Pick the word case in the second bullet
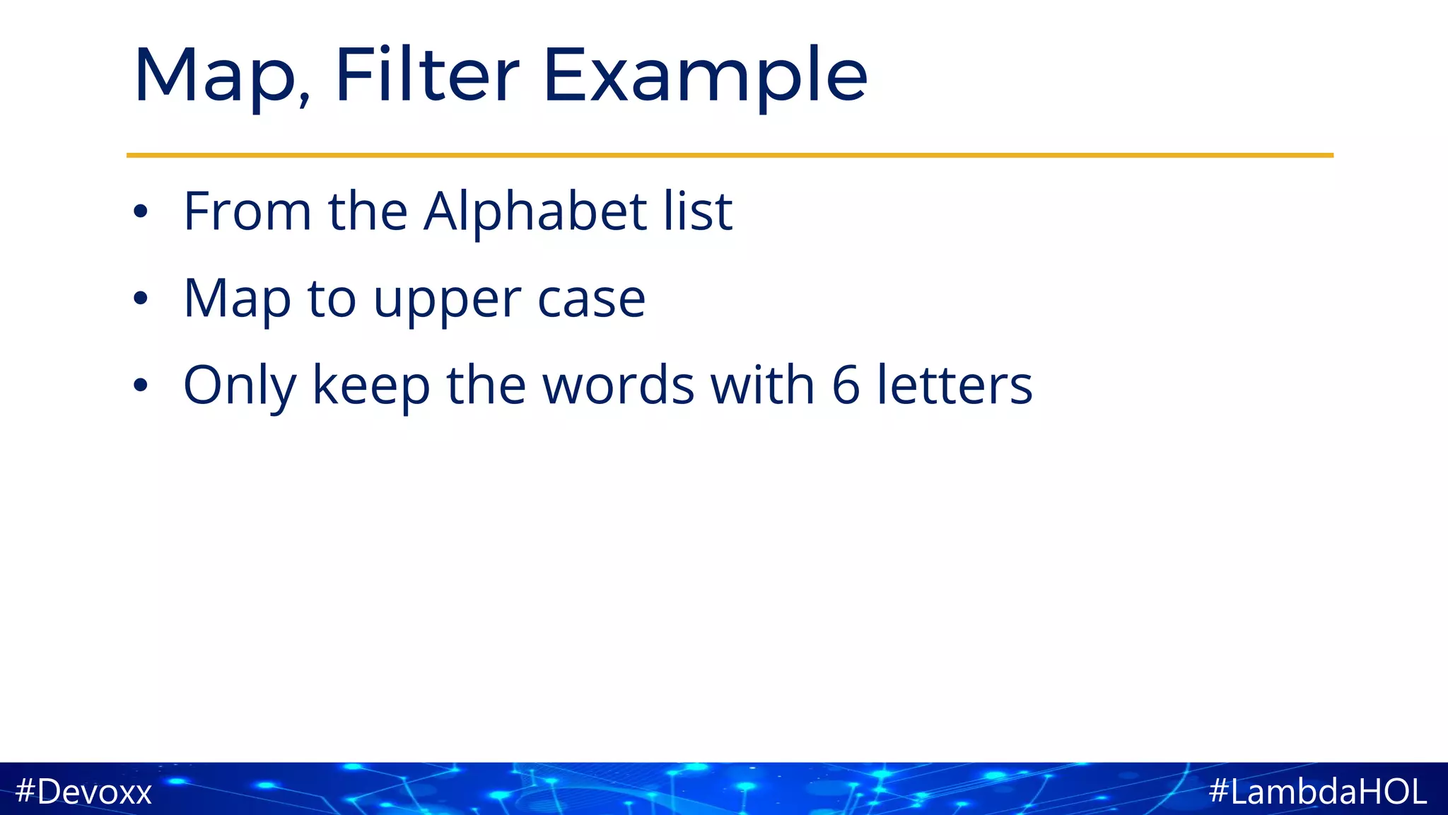tap(591, 300)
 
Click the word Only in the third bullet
tap(239, 386)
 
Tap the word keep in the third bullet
tap(371, 386)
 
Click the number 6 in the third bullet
tap(846, 386)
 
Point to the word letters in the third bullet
tap(954, 386)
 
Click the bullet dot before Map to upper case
tap(141, 299)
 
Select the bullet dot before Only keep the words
tap(141, 386)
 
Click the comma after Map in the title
tap(304, 100)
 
